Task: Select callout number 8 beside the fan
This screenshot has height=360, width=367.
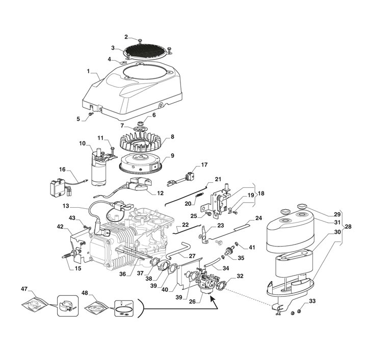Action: (x=172, y=136)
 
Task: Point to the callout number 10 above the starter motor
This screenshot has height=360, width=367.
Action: (x=82, y=144)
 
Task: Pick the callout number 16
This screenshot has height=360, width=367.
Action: (x=62, y=169)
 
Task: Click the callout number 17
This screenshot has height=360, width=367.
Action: (x=204, y=164)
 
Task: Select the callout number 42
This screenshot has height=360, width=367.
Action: (x=61, y=227)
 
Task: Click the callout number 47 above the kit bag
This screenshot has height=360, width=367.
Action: (x=24, y=289)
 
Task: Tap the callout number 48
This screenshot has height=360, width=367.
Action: (x=85, y=293)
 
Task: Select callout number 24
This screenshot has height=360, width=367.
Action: (x=258, y=218)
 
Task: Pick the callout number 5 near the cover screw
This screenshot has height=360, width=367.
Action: (x=78, y=119)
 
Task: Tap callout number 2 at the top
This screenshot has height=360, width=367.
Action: (x=126, y=37)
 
